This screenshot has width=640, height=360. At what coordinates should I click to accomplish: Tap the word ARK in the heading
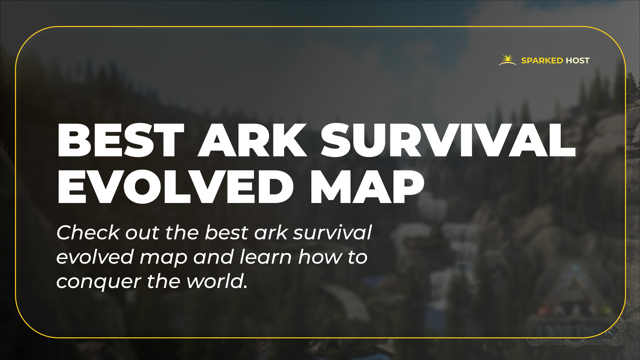(x=252, y=140)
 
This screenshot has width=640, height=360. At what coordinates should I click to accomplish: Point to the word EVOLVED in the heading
(x=175, y=187)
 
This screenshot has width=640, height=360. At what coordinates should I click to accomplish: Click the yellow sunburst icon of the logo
(x=508, y=60)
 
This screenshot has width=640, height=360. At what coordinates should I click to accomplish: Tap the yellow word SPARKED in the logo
(x=542, y=61)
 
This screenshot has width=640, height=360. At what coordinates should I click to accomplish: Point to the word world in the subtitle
(x=217, y=281)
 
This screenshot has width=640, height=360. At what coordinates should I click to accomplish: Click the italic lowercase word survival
(x=332, y=232)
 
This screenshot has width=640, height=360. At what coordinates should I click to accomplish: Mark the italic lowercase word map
(x=163, y=258)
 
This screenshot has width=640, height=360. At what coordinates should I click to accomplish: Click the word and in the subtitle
(x=213, y=257)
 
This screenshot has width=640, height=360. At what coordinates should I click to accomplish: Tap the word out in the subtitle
(x=142, y=233)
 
